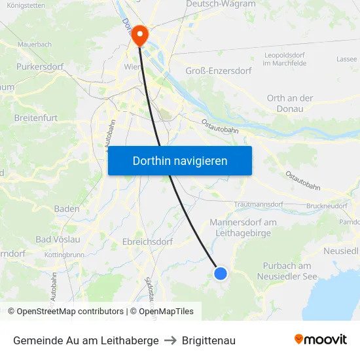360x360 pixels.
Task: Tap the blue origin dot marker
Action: click(221, 274)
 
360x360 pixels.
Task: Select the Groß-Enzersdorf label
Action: click(219, 71)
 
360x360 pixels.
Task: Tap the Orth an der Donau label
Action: click(290, 103)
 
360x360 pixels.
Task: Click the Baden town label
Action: click(67, 209)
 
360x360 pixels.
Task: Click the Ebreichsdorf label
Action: click(147, 242)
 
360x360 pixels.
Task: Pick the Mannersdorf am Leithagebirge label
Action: click(243, 228)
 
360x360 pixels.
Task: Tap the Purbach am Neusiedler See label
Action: click(287, 271)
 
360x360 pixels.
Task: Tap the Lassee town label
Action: click(346, 59)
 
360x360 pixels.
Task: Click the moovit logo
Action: click(320, 340)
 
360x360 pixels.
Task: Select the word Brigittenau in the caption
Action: click(208, 340)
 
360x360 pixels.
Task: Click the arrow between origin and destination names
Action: click(170, 340)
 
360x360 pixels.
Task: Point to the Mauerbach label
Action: click(35, 45)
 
